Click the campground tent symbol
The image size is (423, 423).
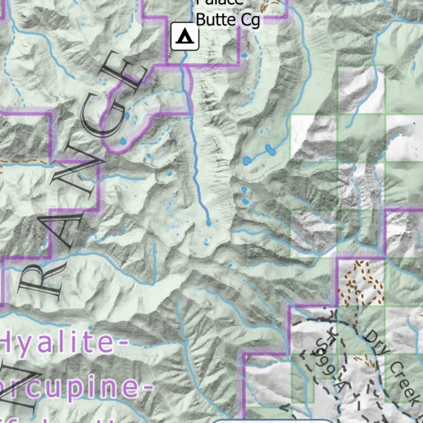coord(185,37)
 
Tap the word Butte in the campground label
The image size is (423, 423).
coord(217,19)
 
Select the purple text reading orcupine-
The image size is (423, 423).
coord(74,386)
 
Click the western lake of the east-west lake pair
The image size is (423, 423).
coord(247,160)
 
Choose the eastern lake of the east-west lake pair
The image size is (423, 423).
coord(269,149)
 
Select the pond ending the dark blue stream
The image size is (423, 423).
coord(208,223)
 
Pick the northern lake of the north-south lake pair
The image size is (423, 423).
coord(244,190)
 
